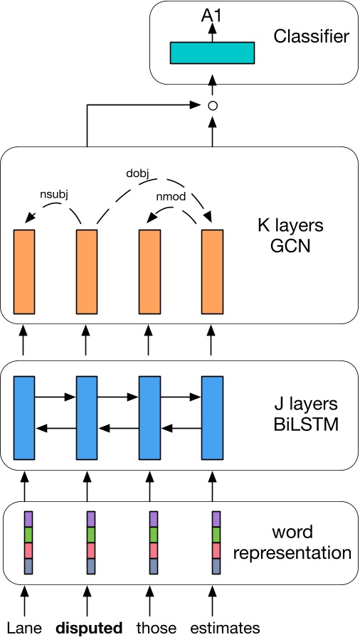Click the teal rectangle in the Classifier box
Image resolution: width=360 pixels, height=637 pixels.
[x=211, y=53]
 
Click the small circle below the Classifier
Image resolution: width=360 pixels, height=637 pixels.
[x=211, y=106]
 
